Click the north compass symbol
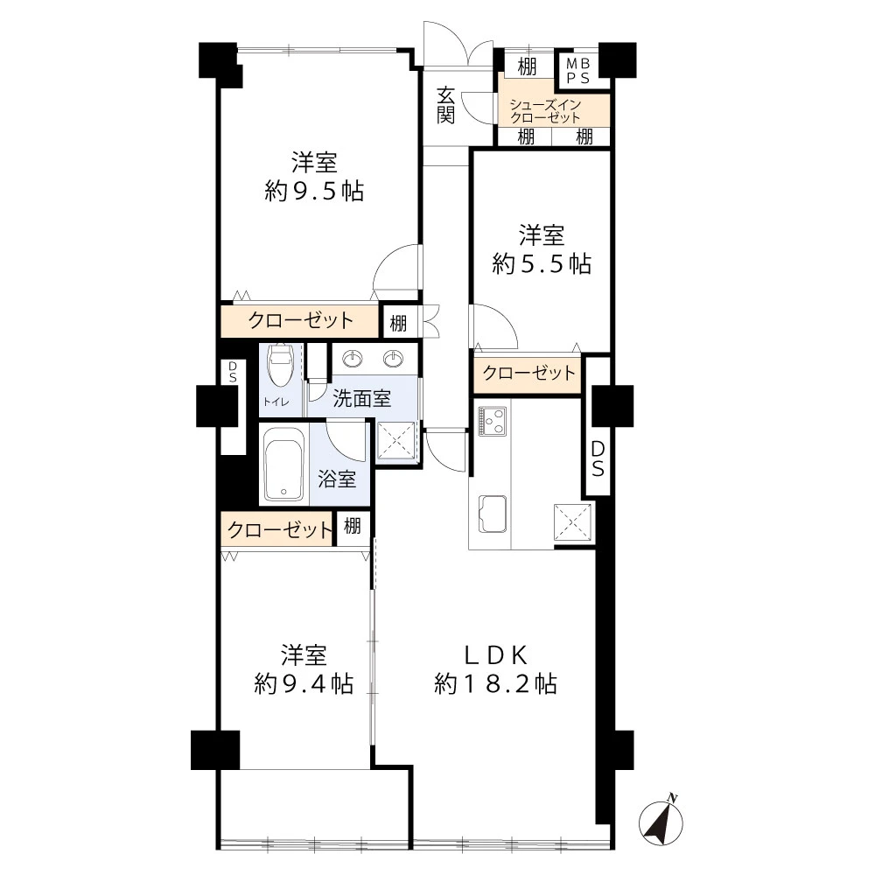click(661, 822)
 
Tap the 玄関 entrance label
click(445, 106)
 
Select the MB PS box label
click(578, 71)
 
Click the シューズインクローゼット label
click(545, 111)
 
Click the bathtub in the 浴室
click(284, 465)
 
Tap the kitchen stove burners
click(492, 421)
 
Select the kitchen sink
click(492, 514)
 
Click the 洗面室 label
click(361, 398)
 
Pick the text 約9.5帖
click(314, 192)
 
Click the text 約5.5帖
click(542, 263)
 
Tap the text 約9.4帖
click(304, 683)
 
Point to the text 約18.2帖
click(495, 683)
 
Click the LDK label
click(496, 655)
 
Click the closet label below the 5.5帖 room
click(528, 373)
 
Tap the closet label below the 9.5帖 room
click(300, 320)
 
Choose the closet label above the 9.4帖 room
click(280, 529)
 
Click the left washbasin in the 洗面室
click(352, 358)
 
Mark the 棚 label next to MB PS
click(527, 67)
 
